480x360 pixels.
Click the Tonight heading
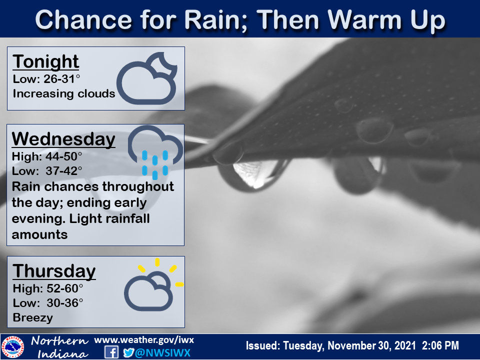click(45, 62)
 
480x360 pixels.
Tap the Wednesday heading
click(63, 139)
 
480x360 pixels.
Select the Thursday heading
click(54, 271)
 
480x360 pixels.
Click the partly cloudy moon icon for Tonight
click(147, 78)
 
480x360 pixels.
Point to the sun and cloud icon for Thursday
click(152, 287)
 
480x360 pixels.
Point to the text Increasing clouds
click(64, 93)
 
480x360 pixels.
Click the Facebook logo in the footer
click(111, 352)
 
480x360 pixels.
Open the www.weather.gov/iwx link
click(143, 340)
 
